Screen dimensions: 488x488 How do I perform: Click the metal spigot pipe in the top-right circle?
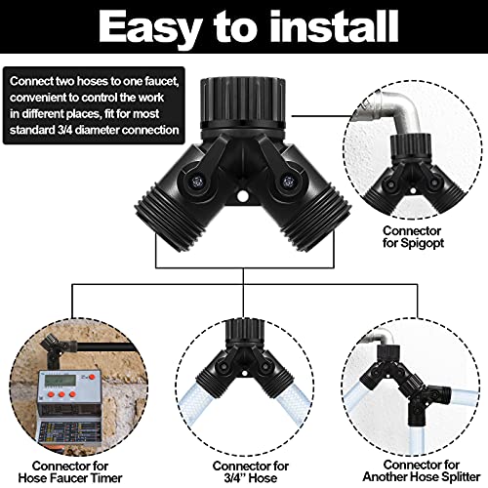421,106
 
